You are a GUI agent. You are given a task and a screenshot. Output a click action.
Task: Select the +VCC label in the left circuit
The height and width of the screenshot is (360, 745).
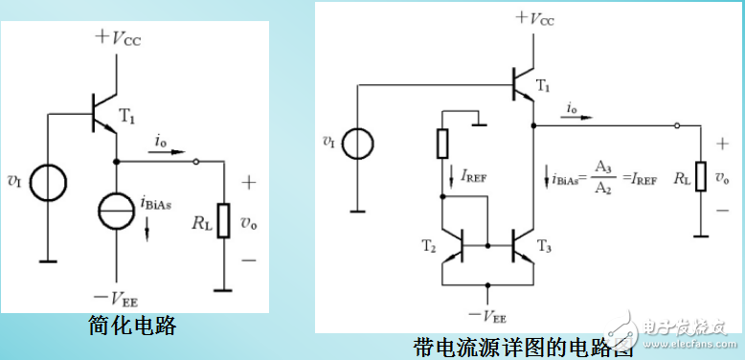122,37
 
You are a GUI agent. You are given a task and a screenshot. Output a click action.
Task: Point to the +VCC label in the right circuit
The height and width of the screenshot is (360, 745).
535,17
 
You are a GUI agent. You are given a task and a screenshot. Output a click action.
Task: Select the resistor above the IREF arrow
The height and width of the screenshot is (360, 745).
442,143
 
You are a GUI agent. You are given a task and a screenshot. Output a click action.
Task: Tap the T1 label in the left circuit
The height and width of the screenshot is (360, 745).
128,115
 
